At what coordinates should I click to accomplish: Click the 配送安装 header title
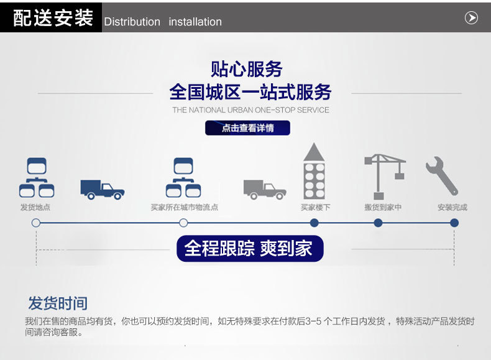(53, 18)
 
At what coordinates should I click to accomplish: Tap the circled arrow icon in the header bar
(471, 18)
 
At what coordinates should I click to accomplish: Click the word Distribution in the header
(132, 22)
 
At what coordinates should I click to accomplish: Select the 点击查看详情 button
(247, 128)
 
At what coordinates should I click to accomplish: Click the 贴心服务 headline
(247, 69)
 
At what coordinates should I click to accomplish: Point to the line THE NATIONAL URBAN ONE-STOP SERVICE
(250, 110)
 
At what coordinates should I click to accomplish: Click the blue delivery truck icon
(102, 189)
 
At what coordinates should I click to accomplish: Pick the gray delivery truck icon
(264, 189)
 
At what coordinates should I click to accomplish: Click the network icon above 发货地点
(36, 178)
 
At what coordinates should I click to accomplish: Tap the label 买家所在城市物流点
(184, 208)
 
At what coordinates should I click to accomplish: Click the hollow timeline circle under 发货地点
(36, 223)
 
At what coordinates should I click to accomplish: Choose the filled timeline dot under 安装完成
(454, 223)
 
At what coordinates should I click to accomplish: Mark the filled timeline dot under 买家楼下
(314, 223)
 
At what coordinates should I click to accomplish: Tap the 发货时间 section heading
(57, 303)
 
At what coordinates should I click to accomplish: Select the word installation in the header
(195, 22)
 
